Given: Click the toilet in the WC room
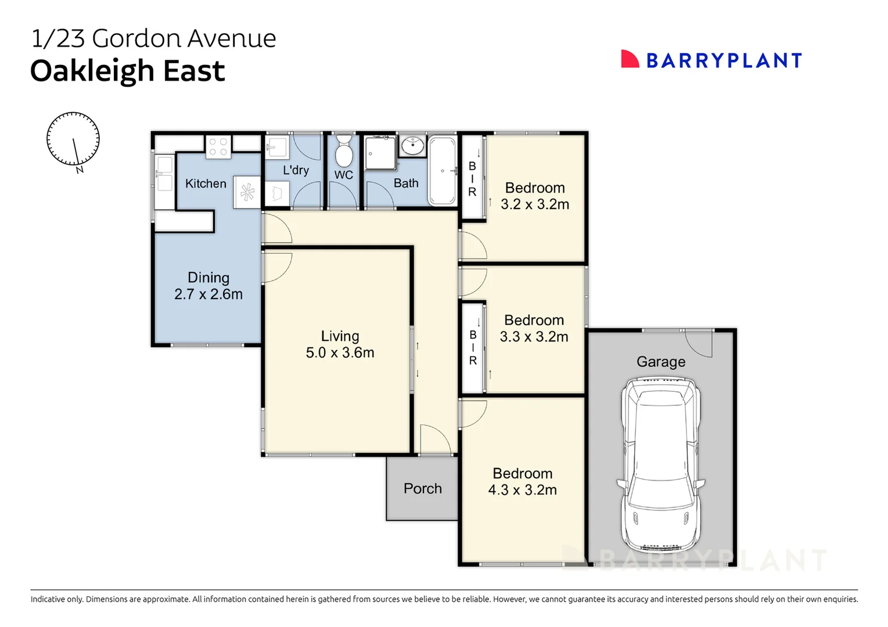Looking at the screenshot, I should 344,152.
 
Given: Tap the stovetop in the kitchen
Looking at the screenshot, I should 218,146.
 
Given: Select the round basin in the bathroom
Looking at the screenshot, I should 413,145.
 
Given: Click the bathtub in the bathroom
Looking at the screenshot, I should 443,171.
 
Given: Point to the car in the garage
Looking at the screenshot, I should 660,464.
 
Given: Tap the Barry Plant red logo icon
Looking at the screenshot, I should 630,59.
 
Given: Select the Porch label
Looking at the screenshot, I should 422,489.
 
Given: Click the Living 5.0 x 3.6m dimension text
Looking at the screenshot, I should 340,352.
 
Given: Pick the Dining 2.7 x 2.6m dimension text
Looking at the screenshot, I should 208,294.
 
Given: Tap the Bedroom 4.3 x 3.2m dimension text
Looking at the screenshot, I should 522,490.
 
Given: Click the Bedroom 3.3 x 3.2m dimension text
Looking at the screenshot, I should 534,337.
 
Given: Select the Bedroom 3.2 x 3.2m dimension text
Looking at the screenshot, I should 535,204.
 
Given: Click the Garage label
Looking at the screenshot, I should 661,362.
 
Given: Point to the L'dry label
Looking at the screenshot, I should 296,170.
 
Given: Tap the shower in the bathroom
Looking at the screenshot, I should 380,153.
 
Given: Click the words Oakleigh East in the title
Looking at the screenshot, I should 127,71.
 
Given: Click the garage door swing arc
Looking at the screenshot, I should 698,344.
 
